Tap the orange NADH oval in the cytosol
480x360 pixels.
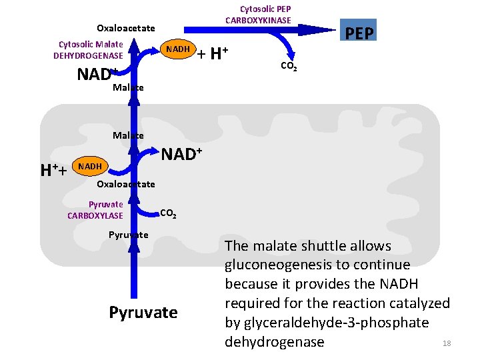coord(177,49)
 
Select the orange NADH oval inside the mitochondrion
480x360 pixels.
coord(89,166)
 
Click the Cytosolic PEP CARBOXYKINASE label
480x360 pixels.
coord(258,15)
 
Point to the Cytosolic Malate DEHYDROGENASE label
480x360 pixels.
coord(88,50)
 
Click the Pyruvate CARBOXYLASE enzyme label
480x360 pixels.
coord(95,209)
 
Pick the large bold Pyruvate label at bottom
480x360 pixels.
coord(143,313)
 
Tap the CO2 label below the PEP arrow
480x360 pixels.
coord(289,67)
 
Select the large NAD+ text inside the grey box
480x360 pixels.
coord(182,155)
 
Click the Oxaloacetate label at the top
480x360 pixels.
coord(125,28)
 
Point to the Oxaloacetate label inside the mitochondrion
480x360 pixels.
coord(126,184)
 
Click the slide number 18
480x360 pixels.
coord(447,343)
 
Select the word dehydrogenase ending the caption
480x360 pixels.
coord(275,342)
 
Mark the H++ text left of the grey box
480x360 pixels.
coord(53,171)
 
